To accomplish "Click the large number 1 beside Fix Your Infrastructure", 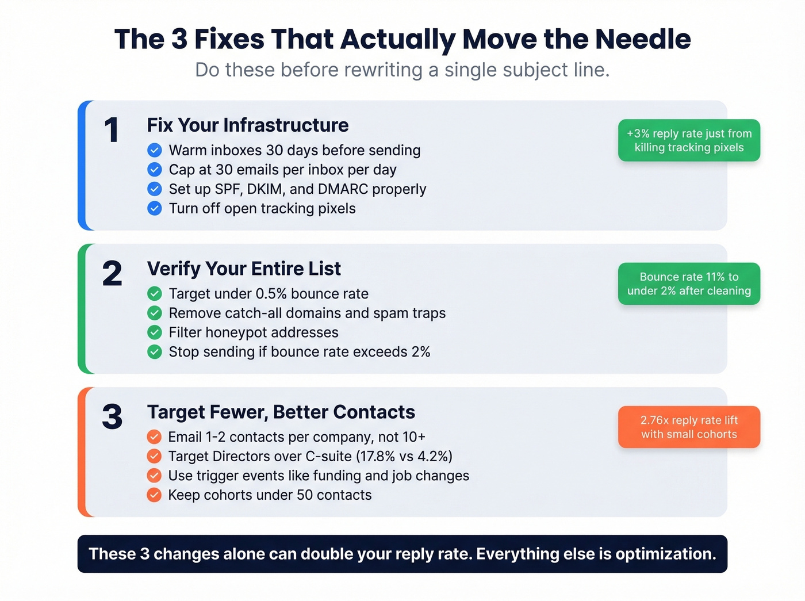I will pyautogui.click(x=112, y=130).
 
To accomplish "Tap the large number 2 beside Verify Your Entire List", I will pyautogui.click(x=112, y=273).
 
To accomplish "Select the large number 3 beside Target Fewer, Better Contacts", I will pyautogui.click(x=112, y=417).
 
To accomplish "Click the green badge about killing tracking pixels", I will pyautogui.click(x=689, y=140).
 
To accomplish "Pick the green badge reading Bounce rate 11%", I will pyautogui.click(x=689, y=284).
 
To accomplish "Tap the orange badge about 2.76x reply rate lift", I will pyautogui.click(x=689, y=427).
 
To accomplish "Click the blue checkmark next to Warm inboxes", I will pyautogui.click(x=155, y=151).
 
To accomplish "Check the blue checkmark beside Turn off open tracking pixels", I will pyautogui.click(x=155, y=208).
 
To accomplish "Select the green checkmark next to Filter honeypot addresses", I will pyautogui.click(x=155, y=332).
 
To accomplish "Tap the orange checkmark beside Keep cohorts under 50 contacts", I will pyautogui.click(x=154, y=495).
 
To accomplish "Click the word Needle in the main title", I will pyautogui.click(x=643, y=39).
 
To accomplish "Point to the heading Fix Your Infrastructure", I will pyautogui.click(x=248, y=125).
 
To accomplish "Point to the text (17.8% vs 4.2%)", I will pyautogui.click(x=404, y=457).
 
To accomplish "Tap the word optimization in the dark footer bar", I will pyautogui.click(x=665, y=554).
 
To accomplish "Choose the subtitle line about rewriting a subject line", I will pyautogui.click(x=402, y=70).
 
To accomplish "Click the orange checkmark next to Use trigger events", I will pyautogui.click(x=154, y=476).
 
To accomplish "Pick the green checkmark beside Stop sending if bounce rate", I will pyautogui.click(x=155, y=352).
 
